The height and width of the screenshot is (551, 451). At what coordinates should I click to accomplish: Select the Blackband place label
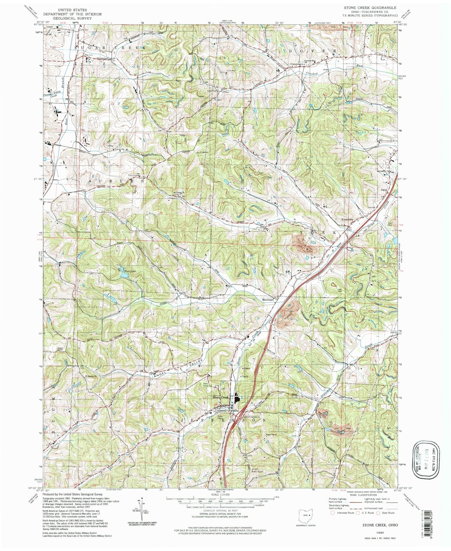pyautogui.click(x=268, y=299)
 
